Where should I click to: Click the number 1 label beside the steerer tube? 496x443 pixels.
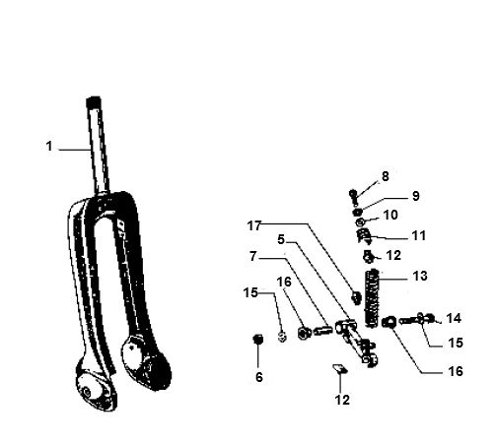point(47,147)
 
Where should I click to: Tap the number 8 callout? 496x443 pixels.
point(385,176)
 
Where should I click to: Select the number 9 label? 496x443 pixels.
point(415,195)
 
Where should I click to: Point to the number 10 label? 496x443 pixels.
point(390,214)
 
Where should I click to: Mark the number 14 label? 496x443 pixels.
point(453,318)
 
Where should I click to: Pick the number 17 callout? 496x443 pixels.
point(255,225)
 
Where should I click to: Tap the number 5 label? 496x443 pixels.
point(280,238)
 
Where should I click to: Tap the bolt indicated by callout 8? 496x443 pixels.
point(353,193)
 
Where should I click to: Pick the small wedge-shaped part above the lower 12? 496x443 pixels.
point(337,370)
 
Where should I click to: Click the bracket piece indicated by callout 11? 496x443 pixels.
point(364,235)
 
